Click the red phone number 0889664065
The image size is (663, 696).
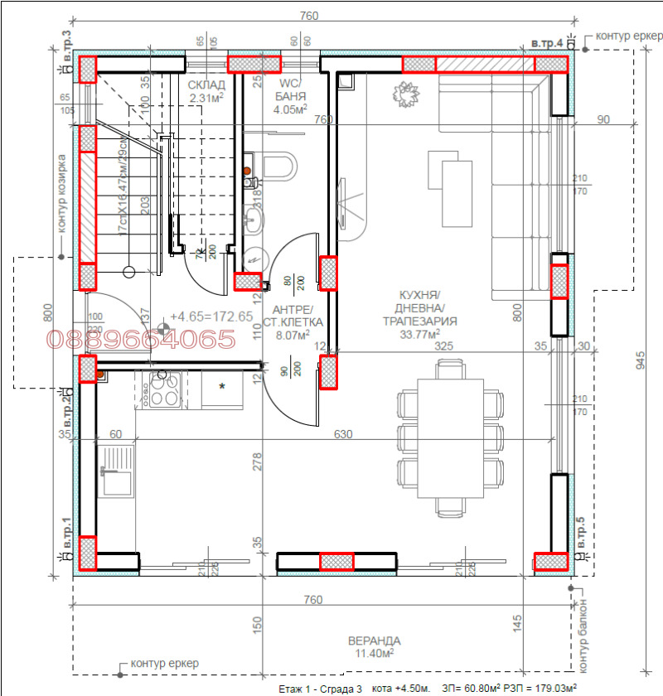pyautogui.click(x=141, y=340)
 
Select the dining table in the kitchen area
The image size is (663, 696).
pyautogui.click(x=450, y=437)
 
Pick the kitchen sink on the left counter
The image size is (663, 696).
pyautogui.click(x=117, y=471)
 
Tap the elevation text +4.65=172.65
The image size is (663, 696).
pyautogui.click(x=211, y=317)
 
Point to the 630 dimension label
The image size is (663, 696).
pyautogui.click(x=343, y=433)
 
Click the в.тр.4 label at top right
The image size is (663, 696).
pyautogui.click(x=547, y=42)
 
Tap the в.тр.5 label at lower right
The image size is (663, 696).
pyautogui.click(x=580, y=532)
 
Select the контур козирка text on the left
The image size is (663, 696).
pyautogui.click(x=61, y=193)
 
